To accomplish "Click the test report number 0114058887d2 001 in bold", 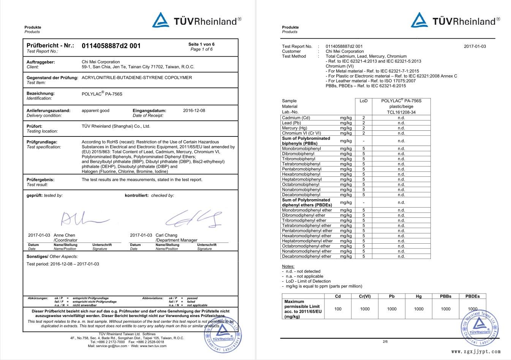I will tap(111, 46).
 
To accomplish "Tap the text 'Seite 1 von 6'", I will tap(201, 44).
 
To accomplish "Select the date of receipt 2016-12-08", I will tap(194, 111).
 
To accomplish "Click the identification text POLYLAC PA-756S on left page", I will tap(102, 94).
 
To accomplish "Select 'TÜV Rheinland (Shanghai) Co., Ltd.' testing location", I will tap(116, 126).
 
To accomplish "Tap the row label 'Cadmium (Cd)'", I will tap(296, 118).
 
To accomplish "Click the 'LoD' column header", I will tap(364, 101).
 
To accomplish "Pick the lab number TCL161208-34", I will tap(401, 112).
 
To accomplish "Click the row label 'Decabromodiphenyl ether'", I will tap(307, 256).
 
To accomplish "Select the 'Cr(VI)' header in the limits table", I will tap(364, 296).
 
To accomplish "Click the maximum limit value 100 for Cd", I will tap(338, 309).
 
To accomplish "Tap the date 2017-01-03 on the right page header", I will tap(475, 46).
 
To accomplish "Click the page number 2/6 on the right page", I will tap(385, 341).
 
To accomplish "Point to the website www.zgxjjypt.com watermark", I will tap(476, 352).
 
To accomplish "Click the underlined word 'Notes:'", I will tap(288, 266).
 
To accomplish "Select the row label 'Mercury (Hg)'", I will tap(294, 128).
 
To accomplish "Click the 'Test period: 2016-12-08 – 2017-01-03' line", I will tap(63, 264).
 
